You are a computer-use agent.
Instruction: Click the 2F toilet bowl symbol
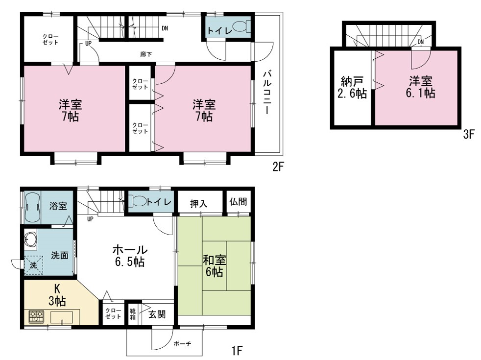coord(242,26)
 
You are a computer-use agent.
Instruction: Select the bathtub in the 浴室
coord(32,207)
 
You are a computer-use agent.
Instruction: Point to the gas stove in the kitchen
coord(37,317)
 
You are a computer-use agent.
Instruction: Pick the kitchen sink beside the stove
coord(62,317)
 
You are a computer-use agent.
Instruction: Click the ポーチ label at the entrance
coord(182,344)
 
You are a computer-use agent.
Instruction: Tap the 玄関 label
coord(157,314)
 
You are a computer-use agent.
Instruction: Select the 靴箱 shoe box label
coord(133,314)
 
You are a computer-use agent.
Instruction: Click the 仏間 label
coord(238,201)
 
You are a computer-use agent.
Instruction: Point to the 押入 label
coord(198,204)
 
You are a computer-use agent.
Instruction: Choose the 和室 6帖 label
coord(214,266)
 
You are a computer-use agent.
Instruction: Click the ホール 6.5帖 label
coord(130,256)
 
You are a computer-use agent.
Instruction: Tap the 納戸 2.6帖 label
coord(352,88)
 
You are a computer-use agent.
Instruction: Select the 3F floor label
coord(469,134)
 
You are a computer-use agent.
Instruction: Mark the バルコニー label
coord(267,93)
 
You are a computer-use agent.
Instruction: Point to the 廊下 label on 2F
coord(146,54)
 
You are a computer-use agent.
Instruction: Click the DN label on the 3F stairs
coord(421,42)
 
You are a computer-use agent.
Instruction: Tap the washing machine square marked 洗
coord(33,265)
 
